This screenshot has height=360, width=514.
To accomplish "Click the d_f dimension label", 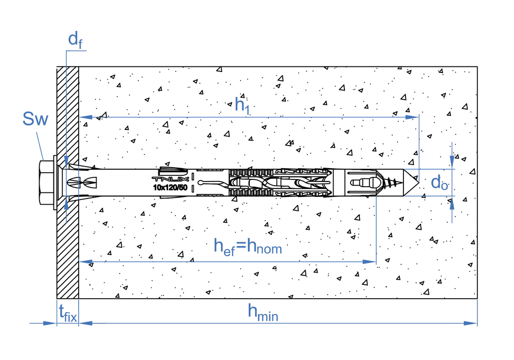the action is [x=75, y=40].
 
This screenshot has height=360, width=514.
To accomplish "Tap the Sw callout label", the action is [x=35, y=119].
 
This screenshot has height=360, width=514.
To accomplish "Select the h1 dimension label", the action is [x=242, y=105].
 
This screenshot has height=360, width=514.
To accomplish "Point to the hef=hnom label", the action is [x=248, y=246].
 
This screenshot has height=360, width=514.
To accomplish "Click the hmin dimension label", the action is [x=263, y=313].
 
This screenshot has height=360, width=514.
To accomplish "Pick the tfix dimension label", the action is [x=68, y=313].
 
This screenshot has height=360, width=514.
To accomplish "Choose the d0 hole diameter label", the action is [x=439, y=182].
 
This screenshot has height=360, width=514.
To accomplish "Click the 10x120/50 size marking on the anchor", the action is [x=170, y=188].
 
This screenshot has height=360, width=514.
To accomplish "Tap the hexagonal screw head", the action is [x=46, y=182].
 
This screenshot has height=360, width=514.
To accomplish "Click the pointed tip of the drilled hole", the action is [x=419, y=183].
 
